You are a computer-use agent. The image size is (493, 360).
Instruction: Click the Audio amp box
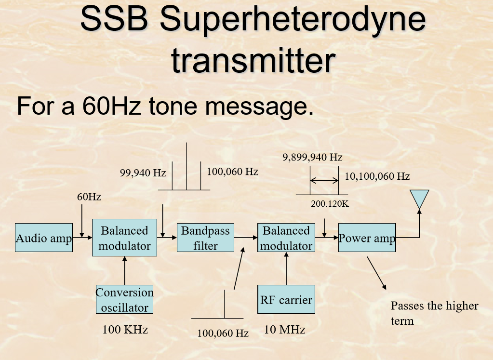pyautogui.click(x=44, y=238)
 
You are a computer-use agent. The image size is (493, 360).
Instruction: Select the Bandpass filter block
pyautogui.click(x=205, y=238)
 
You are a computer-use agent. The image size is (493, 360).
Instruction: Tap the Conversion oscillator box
pyautogui.click(x=124, y=299)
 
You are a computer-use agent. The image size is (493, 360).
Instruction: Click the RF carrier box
pyautogui.click(x=286, y=299)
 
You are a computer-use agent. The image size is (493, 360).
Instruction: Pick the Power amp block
pyautogui.click(x=367, y=238)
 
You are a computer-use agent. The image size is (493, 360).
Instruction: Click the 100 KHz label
pyautogui.click(x=125, y=330)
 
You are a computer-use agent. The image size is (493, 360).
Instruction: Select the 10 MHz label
pyautogui.click(x=284, y=330)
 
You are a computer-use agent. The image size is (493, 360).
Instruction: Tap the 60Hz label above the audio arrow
pyautogui.click(x=89, y=197)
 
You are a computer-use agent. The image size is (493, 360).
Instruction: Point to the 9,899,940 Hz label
pyautogui.click(x=312, y=157)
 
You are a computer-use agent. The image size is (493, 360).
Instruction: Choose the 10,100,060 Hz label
pyautogui.click(x=377, y=176)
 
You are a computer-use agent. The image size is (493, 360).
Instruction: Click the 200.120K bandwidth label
pyautogui.click(x=330, y=203)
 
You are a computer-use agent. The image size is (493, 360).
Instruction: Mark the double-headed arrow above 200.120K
pyautogui.click(x=324, y=181)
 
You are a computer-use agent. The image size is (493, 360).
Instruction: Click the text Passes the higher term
pyautogui.click(x=434, y=313)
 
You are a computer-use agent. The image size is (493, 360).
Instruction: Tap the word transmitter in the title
pyautogui.click(x=253, y=61)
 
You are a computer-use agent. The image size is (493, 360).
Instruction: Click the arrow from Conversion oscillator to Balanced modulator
pyautogui.click(x=124, y=270)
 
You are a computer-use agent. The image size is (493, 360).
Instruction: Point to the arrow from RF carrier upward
pyautogui.click(x=286, y=268)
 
